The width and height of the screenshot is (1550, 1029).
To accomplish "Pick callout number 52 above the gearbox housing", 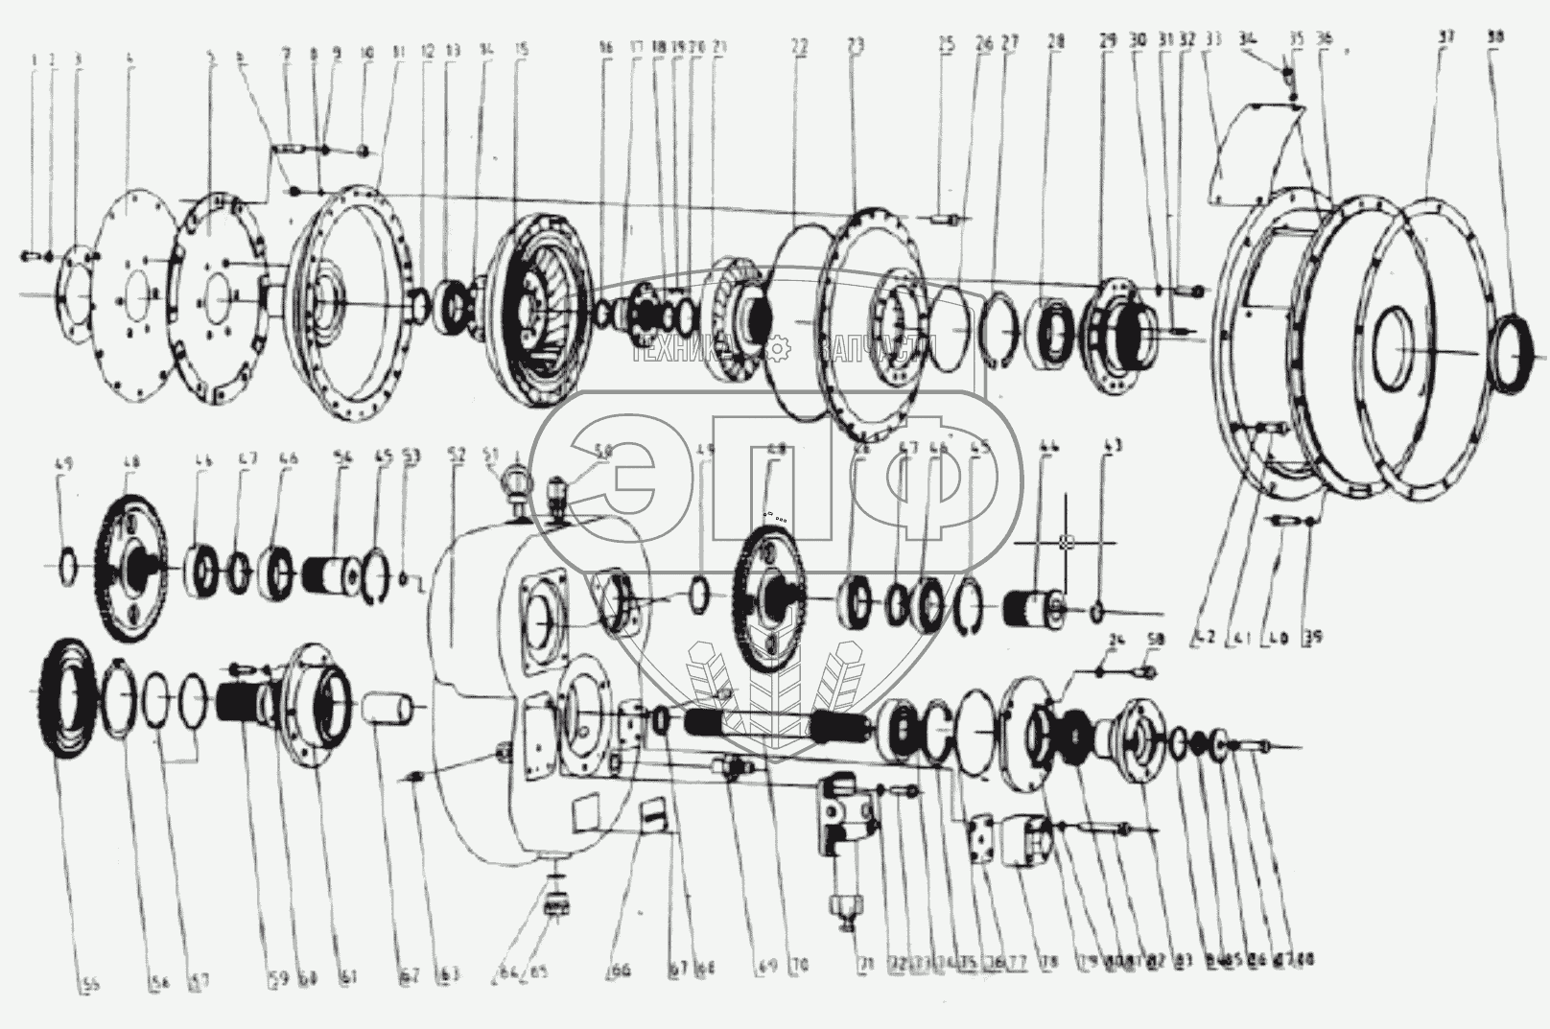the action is [x=457, y=456].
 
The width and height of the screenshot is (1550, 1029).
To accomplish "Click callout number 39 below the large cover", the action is [x=1312, y=635].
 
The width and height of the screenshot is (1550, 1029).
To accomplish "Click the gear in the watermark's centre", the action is [x=779, y=345].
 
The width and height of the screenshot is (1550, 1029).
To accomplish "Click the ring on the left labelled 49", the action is [x=69, y=566].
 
